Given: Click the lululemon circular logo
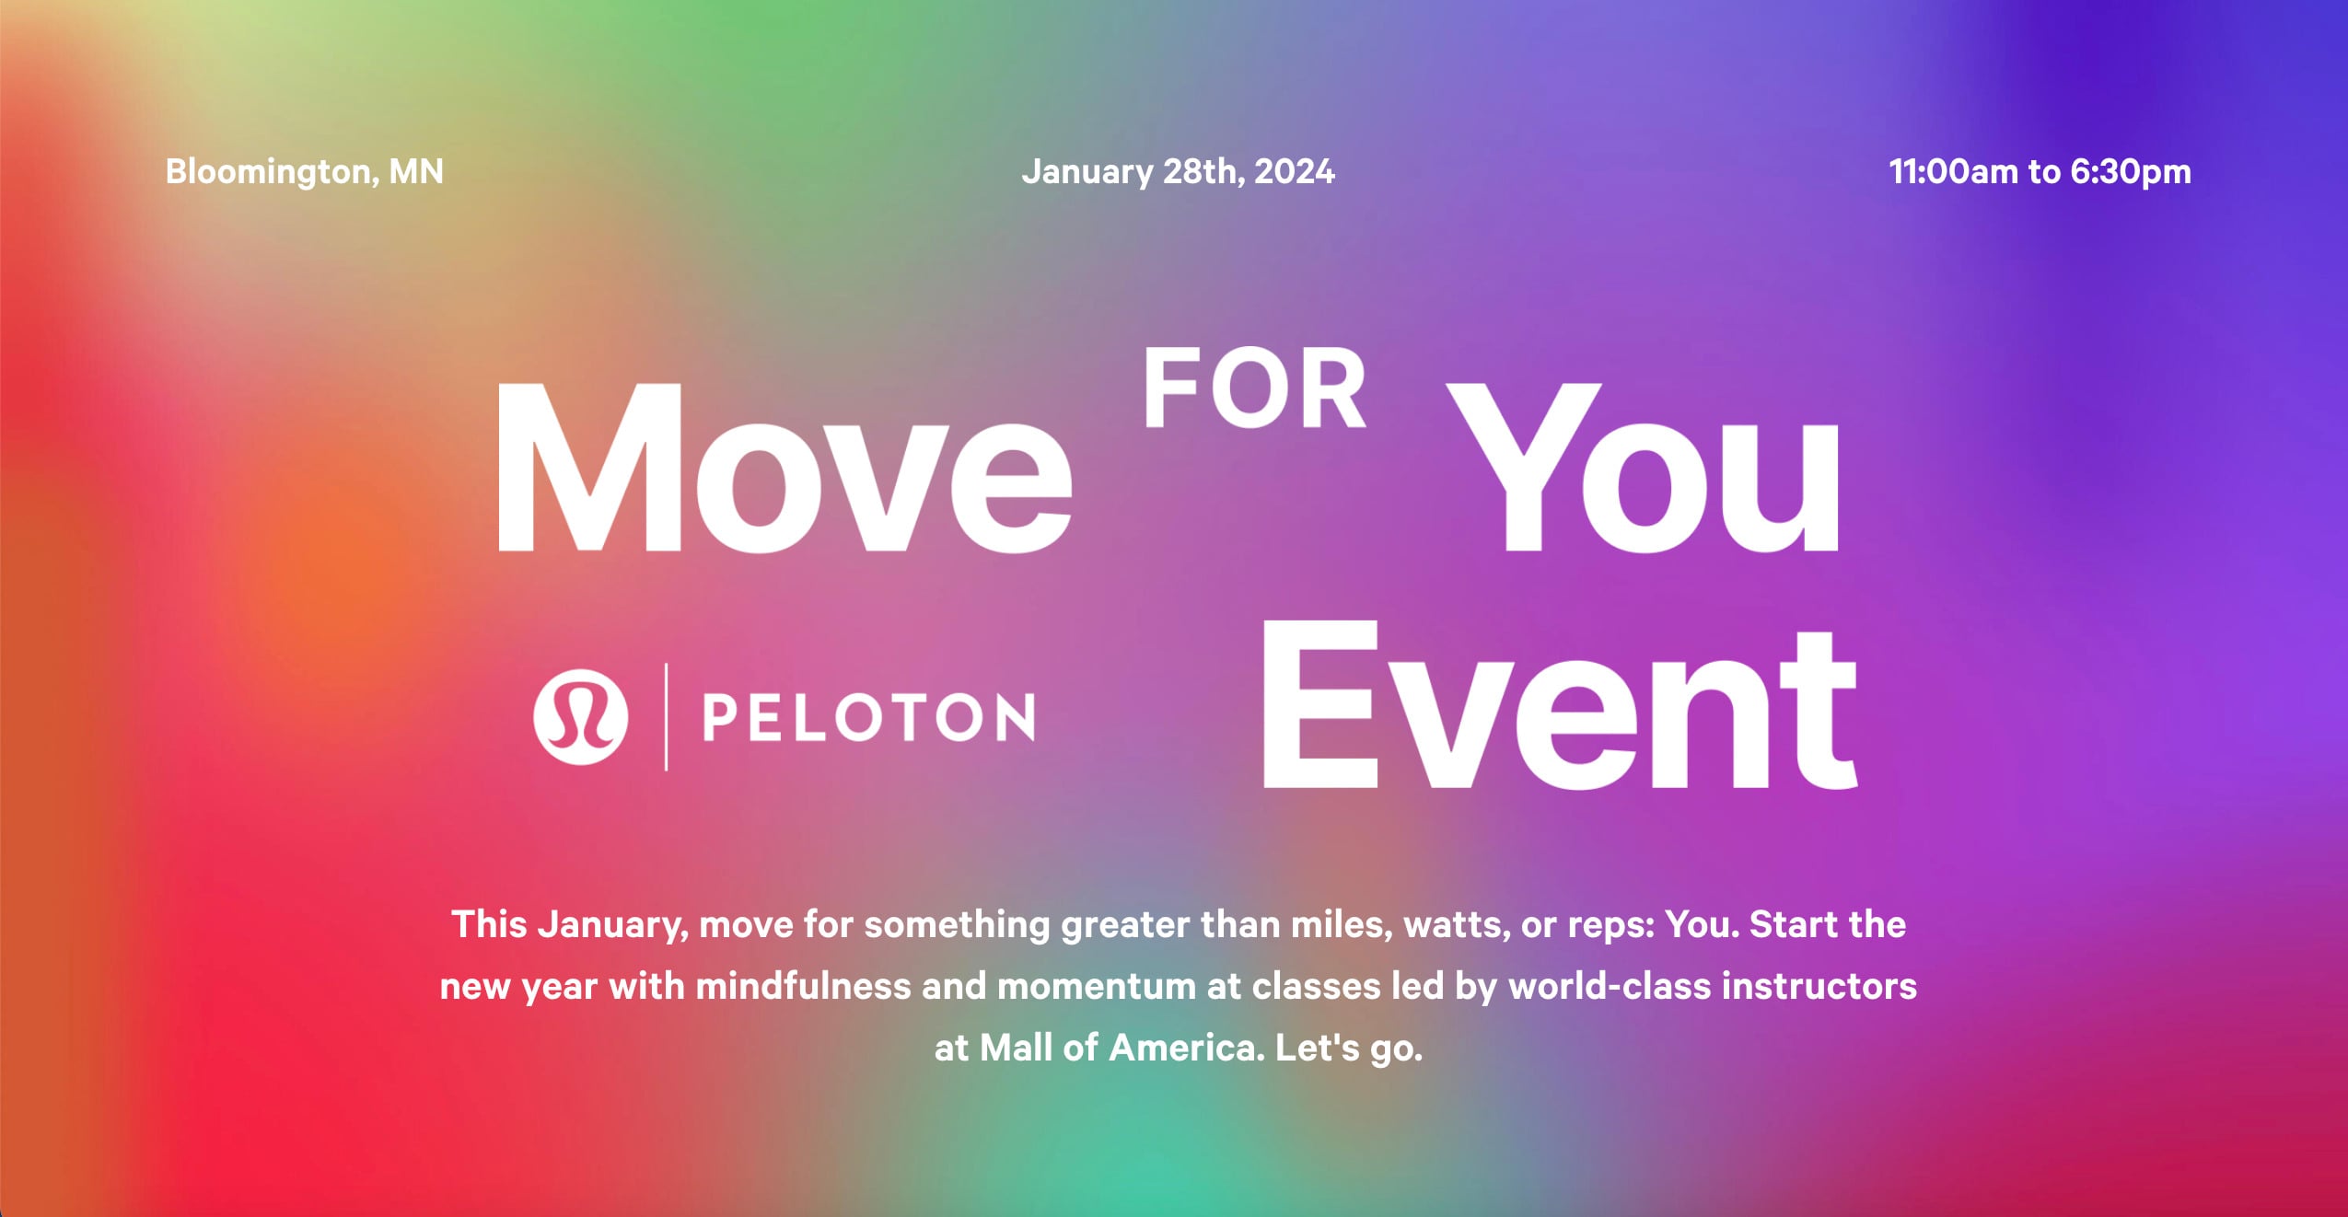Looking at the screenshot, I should (580, 716).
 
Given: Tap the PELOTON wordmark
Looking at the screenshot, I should (868, 717).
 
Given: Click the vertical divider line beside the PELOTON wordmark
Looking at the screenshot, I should (666, 716).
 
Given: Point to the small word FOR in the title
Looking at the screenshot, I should (1254, 389).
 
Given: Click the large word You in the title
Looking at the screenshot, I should (1645, 469).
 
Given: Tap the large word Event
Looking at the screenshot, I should (1558, 707).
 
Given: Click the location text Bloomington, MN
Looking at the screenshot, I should (304, 172).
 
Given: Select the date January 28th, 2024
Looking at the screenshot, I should (1178, 172).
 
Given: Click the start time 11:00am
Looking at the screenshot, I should (1952, 172).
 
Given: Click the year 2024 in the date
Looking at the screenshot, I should (1294, 172).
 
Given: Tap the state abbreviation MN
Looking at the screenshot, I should (416, 172).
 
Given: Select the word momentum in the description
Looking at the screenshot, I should (1096, 987).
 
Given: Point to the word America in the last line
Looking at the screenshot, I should (1186, 1048).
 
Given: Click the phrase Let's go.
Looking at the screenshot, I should (1349, 1049).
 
